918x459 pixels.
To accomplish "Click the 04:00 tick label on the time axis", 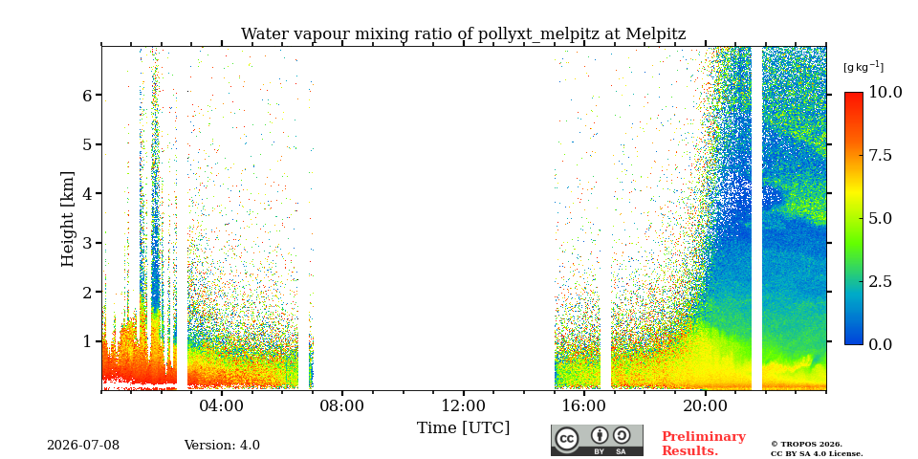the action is tap(222, 405).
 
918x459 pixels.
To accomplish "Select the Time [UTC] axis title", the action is tap(463, 428).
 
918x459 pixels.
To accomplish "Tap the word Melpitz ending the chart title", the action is tap(656, 34).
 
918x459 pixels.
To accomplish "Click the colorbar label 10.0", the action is tap(885, 92).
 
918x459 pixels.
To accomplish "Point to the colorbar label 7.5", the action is tap(881, 155).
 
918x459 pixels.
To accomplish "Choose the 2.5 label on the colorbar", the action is tap(881, 281).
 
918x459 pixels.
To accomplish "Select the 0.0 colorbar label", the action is tap(881, 344).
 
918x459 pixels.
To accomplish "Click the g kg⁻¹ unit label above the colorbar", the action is tap(863, 67).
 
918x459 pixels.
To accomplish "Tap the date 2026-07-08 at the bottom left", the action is tap(83, 446).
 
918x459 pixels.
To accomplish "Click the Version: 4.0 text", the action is tap(222, 446).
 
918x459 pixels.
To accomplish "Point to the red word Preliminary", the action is tap(704, 437).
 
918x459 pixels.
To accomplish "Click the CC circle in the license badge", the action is tap(567, 439).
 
